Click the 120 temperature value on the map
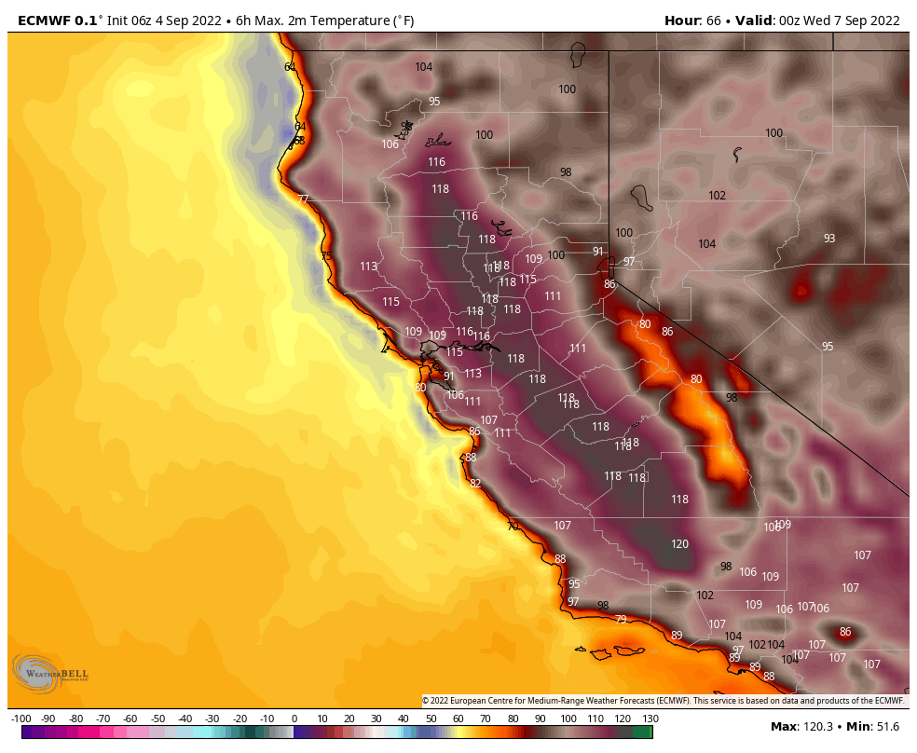tap(679, 544)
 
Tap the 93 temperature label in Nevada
tap(828, 239)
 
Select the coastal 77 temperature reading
tap(303, 199)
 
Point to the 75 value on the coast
tap(326, 256)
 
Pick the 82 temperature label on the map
tap(475, 484)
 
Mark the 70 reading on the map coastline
tap(513, 527)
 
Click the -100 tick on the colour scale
tap(21, 719)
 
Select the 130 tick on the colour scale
tap(650, 719)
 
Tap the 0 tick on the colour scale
tap(294, 719)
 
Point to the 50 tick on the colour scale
tap(431, 719)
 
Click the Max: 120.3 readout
tap(805, 726)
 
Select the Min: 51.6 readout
tap(876, 726)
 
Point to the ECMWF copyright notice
tap(664, 701)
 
